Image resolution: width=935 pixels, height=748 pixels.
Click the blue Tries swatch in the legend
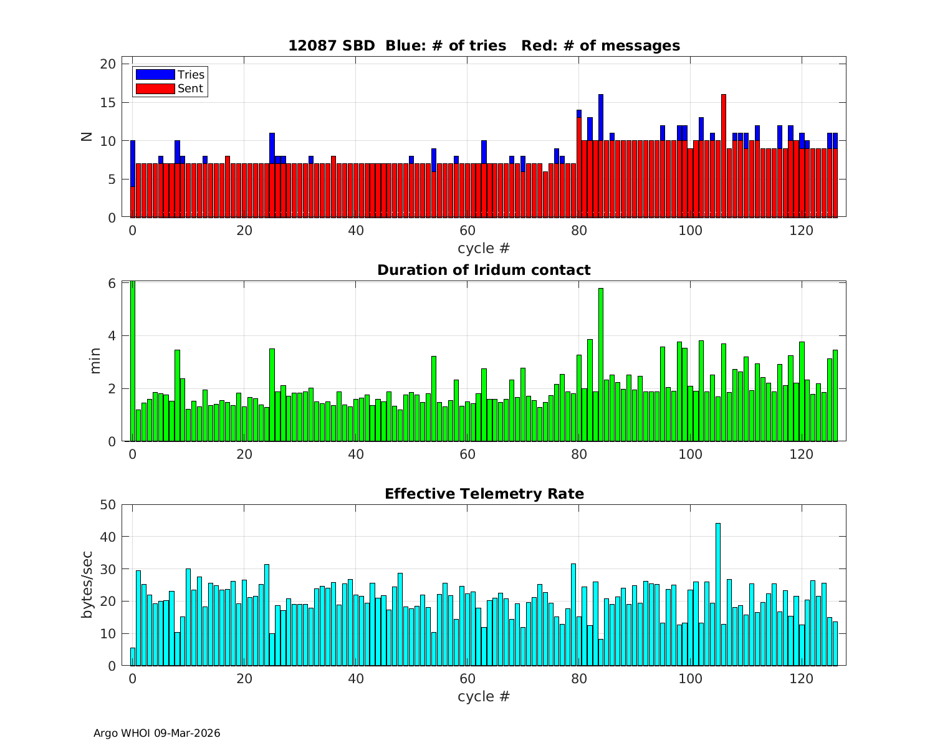pos(155,75)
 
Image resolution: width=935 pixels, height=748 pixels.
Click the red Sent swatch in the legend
pos(155,89)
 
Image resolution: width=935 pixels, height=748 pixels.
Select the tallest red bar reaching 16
pos(724,156)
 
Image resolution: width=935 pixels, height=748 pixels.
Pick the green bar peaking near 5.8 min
pos(601,365)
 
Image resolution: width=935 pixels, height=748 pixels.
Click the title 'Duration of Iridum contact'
pos(484,270)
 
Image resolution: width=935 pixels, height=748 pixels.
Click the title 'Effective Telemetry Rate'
pos(484,494)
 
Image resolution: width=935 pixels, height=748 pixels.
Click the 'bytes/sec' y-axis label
pos(87,585)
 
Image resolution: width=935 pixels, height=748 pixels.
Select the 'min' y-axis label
pos(95,362)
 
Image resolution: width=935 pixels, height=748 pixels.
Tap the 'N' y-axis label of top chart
pos(87,137)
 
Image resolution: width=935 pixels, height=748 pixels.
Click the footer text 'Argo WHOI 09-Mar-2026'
pos(156,733)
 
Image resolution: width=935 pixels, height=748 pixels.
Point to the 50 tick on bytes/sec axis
pos(107,504)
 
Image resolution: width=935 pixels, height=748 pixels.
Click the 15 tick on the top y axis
pos(108,102)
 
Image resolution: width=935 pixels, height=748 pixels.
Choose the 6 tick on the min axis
pos(112,283)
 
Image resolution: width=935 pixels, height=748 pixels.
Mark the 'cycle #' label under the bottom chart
pos(484,696)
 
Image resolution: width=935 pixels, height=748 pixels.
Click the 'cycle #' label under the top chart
pos(484,248)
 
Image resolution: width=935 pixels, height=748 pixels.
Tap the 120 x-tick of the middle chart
pos(802,454)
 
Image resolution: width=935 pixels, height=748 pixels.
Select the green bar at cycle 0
pos(133,362)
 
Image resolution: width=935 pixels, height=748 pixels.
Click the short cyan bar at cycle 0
pos(133,657)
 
